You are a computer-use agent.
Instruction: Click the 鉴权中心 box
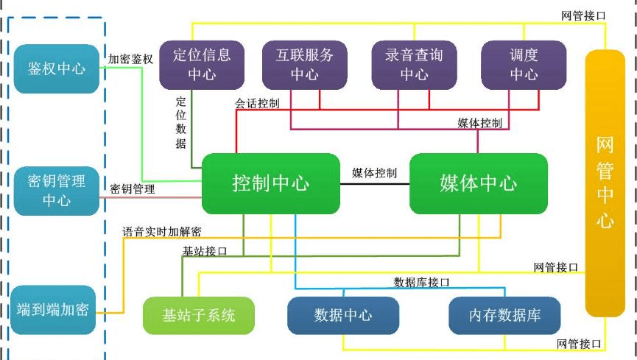[56, 68]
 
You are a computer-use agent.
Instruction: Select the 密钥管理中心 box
[56, 191]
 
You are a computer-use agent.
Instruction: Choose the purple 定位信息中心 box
[201, 64]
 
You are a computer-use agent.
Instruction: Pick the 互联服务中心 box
[304, 64]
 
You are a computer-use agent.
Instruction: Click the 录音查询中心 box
[414, 64]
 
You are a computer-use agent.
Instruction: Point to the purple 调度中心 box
[524, 64]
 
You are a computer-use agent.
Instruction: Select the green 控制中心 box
[270, 183]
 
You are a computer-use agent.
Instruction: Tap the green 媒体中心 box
[479, 183]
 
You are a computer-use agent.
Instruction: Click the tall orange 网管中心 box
[605, 183]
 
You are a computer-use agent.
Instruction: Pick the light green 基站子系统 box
[199, 315]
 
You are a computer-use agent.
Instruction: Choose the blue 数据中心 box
[342, 315]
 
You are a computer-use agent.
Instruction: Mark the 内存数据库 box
[504, 315]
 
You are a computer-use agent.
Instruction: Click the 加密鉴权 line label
[130, 59]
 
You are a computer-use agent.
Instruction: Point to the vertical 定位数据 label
[181, 121]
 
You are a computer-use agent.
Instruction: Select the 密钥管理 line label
[133, 189]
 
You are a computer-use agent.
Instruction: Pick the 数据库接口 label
[421, 282]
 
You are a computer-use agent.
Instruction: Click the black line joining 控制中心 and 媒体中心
[374, 184]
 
